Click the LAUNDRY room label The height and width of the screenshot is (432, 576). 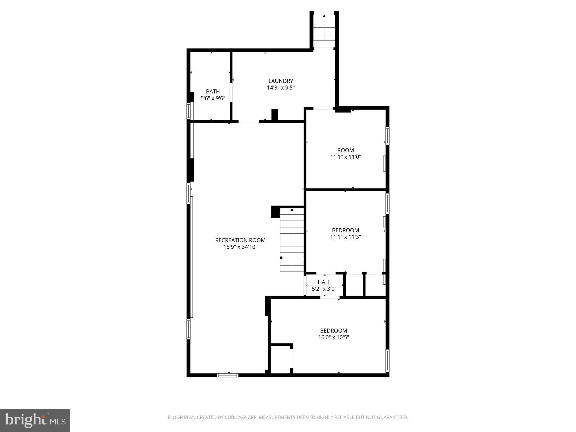click(280, 81)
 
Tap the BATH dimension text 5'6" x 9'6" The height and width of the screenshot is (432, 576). click(213, 98)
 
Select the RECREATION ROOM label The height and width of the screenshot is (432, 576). click(240, 240)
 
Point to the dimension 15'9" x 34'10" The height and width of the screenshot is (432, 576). click(240, 247)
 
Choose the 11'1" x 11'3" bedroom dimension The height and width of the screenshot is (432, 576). click(345, 237)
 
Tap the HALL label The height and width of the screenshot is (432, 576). click(324, 282)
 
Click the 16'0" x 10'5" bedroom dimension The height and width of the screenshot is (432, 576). click(333, 337)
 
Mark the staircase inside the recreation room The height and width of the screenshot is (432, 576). click(292, 240)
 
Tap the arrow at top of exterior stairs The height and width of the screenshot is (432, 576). click(324, 16)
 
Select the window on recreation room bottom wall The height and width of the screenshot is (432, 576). click(228, 375)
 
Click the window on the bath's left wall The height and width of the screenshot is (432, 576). click(189, 111)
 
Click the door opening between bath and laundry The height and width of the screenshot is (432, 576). click(231, 92)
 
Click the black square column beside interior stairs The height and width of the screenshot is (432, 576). click(275, 212)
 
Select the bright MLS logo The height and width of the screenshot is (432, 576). click(35, 420)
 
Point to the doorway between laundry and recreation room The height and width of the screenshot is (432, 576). click(249, 121)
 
